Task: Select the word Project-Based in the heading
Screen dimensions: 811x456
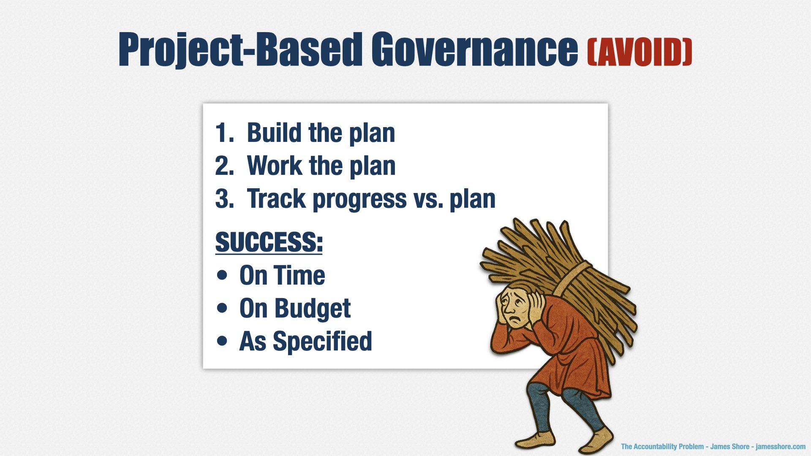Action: pos(240,50)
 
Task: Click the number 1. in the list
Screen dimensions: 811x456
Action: pos(224,133)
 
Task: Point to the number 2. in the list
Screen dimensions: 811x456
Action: pos(224,166)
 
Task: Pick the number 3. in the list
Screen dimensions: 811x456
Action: pos(224,198)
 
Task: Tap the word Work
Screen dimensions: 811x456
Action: pos(275,166)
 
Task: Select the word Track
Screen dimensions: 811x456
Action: pos(276,198)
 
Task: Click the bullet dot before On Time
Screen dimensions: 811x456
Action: pos(222,275)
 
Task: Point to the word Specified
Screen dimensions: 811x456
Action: pos(322,341)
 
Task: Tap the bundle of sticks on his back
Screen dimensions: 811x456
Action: pos(562,270)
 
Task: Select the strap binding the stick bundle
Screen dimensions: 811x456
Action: pos(570,279)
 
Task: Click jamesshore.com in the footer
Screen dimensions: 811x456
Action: pos(781,446)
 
